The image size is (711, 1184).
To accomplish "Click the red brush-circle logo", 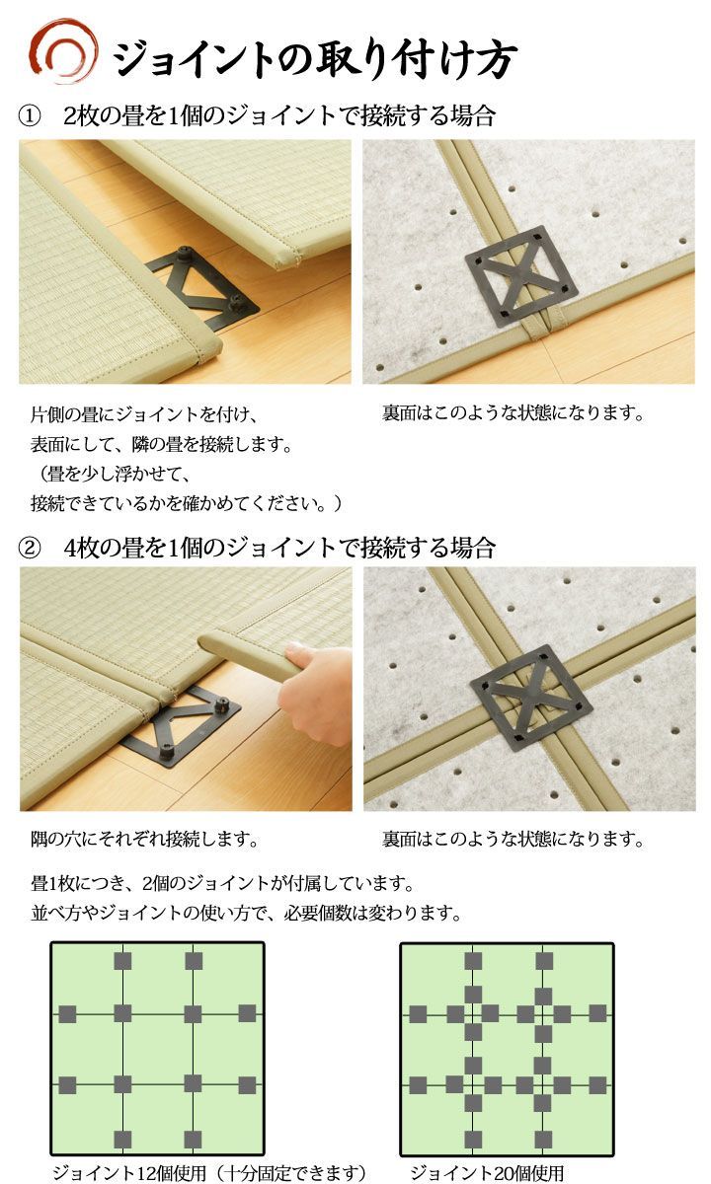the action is click(62, 50).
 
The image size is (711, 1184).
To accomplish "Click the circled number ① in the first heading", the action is click(30, 116).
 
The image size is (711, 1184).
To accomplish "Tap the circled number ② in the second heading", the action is click(30, 549).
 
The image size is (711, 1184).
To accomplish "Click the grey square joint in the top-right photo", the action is click(520, 274).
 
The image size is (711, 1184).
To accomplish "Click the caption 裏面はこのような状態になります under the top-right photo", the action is click(513, 412).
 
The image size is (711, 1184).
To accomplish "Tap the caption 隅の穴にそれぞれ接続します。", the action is click(144, 839).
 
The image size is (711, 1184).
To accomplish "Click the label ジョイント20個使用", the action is click(487, 1172).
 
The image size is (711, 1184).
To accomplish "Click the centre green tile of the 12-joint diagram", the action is click(158, 1050).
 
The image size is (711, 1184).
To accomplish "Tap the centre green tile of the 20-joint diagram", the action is click(508, 1050).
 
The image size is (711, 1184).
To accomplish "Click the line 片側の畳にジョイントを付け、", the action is click(144, 414).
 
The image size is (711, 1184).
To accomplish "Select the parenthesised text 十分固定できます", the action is click(293, 1172).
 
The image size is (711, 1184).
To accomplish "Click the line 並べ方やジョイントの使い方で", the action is click(247, 913).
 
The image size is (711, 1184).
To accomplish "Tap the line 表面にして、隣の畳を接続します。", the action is click(162, 444).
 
